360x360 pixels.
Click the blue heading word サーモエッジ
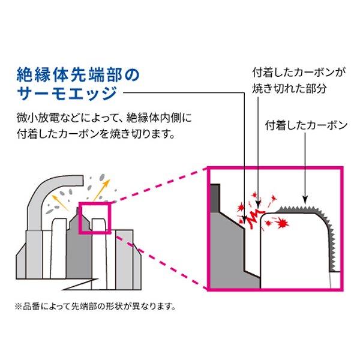coord(65,94)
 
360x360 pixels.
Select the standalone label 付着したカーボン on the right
coord(306,125)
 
